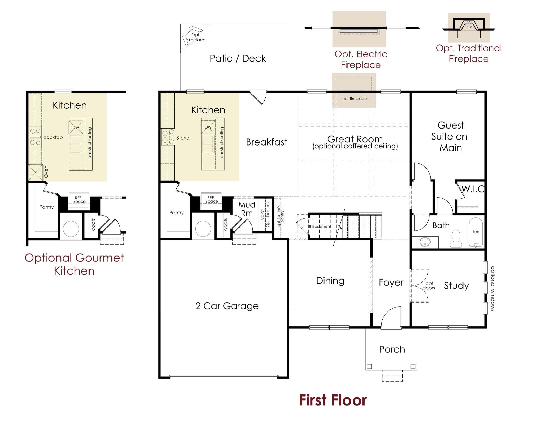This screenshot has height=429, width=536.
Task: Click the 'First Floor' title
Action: [x=333, y=400]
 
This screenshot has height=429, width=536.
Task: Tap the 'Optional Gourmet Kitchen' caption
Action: [x=74, y=264]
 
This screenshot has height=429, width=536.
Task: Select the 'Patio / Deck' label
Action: [x=238, y=58]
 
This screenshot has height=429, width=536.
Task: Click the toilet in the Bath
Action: [x=456, y=238]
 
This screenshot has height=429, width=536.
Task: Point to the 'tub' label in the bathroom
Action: [x=476, y=232]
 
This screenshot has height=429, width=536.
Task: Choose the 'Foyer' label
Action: [x=391, y=282]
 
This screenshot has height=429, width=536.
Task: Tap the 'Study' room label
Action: [x=456, y=286]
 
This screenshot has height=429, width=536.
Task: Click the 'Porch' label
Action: [x=392, y=349]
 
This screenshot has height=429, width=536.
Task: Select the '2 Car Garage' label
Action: [x=227, y=306]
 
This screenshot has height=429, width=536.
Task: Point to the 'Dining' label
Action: [x=330, y=281]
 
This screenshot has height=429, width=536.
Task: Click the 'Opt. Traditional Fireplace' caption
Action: [x=468, y=53]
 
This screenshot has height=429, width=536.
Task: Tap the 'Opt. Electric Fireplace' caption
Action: [x=361, y=59]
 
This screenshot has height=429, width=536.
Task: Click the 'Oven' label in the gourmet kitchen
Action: [x=46, y=172]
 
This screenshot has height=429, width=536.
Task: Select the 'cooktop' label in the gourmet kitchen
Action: [x=53, y=137]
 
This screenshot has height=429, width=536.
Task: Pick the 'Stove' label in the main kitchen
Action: [x=183, y=138]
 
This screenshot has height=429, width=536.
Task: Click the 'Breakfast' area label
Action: [x=266, y=142]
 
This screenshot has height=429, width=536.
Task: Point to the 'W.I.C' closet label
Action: [x=473, y=189]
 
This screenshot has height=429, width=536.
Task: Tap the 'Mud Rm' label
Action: [x=247, y=209]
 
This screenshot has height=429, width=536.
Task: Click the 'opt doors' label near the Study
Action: [x=429, y=286]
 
